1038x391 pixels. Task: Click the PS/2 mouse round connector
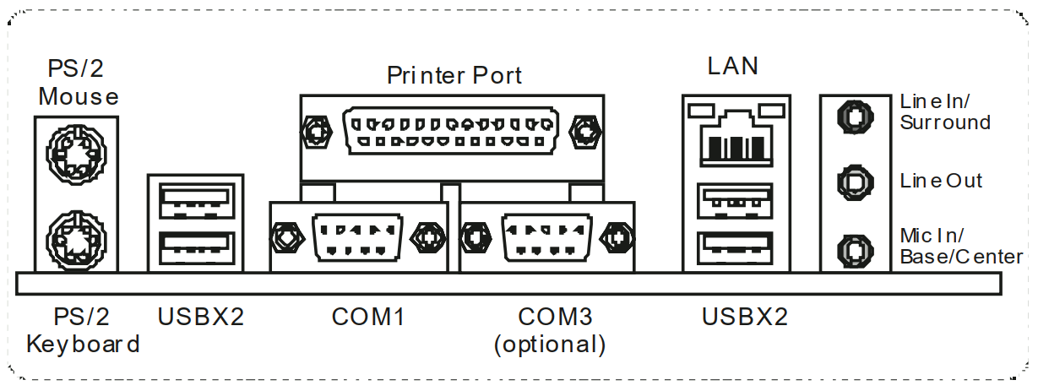tap(75, 155)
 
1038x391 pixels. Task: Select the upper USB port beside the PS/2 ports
tap(195, 199)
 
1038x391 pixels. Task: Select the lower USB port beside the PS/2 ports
tap(195, 245)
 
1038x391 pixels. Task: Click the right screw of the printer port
tap(584, 131)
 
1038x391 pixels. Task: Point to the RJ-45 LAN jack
tap(735, 137)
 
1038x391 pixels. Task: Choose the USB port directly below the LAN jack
tap(735, 201)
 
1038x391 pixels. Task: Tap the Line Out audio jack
tap(853, 181)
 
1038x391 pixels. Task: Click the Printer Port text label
tap(454, 75)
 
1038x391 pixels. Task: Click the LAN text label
tap(733, 66)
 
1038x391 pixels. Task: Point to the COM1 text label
tap(367, 318)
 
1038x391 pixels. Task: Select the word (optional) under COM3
tap(551, 344)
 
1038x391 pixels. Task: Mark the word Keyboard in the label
tap(83, 344)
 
